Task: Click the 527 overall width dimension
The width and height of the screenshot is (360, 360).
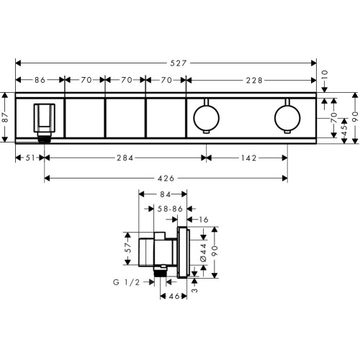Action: click(179, 63)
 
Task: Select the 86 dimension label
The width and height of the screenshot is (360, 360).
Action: click(40, 80)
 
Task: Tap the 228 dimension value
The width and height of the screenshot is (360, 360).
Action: click(254, 80)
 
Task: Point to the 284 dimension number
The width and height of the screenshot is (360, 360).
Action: click(125, 158)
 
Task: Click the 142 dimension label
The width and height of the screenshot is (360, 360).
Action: click(248, 158)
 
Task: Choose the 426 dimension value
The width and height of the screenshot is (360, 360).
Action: click(166, 179)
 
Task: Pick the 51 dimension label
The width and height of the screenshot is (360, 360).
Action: click(30, 158)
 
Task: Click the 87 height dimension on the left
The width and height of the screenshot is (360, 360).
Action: click(5, 117)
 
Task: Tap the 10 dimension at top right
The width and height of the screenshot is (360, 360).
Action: click(325, 76)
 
